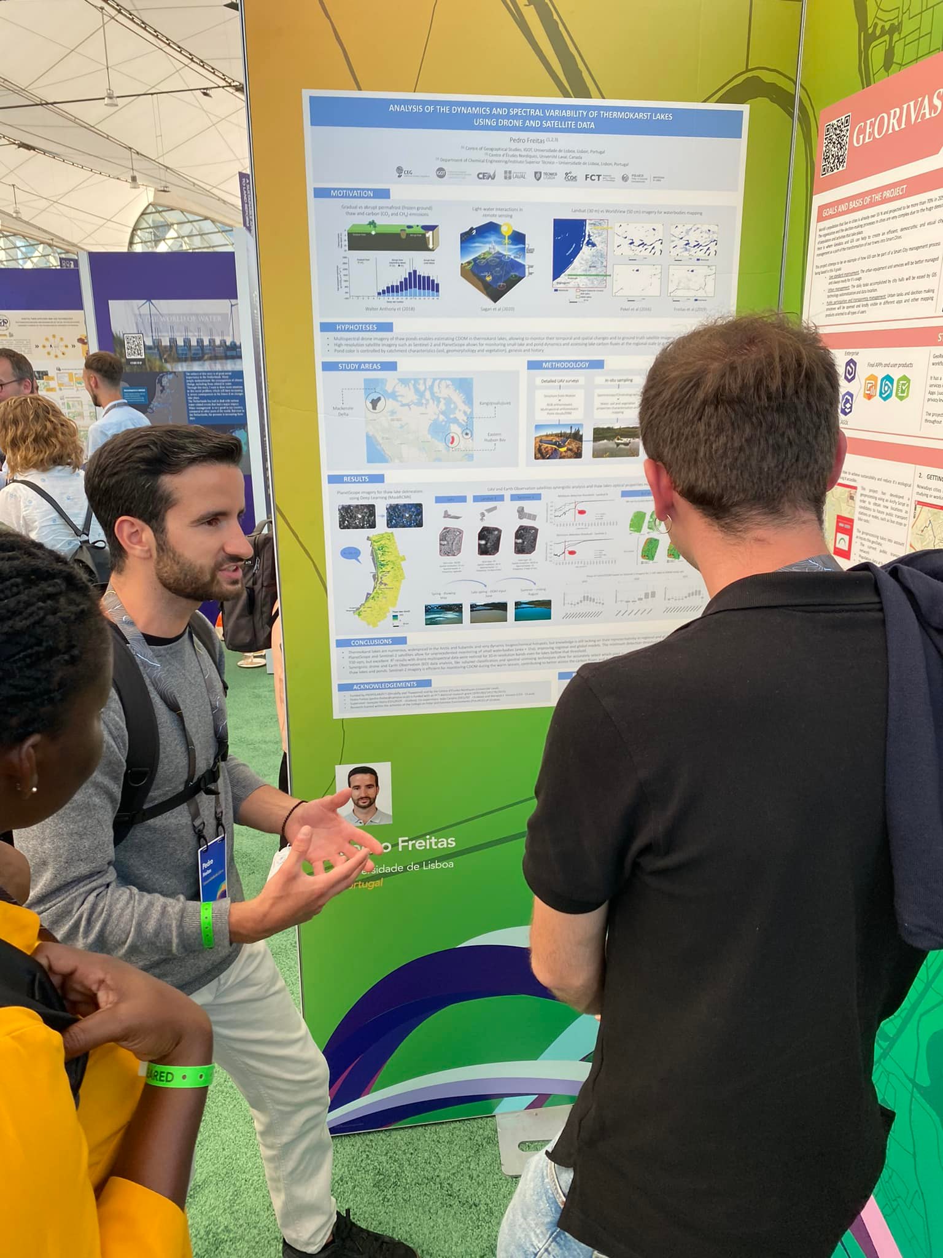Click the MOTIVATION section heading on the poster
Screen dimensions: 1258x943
[351, 193]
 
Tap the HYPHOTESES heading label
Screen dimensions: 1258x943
[356, 327]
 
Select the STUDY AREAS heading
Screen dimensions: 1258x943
[359, 366]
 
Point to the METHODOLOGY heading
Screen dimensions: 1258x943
[565, 365]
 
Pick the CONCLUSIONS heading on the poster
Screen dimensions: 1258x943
[371, 643]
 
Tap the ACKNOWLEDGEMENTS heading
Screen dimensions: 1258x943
[384, 684]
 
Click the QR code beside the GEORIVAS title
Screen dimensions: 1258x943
[835, 144]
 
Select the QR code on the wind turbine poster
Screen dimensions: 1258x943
[134, 346]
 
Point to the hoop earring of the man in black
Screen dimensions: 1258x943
[663, 524]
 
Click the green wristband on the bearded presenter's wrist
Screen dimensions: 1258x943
[208, 924]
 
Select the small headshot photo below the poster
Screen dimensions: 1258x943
[363, 794]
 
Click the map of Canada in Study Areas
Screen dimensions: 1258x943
[419, 419]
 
